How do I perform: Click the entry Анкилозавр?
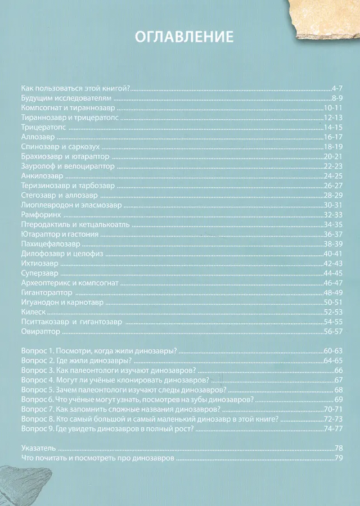tap(38, 176)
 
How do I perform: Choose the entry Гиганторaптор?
tap(46, 293)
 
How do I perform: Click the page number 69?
tap(339, 400)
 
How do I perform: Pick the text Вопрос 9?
tap(37, 429)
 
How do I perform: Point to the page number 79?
tap(339, 459)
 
